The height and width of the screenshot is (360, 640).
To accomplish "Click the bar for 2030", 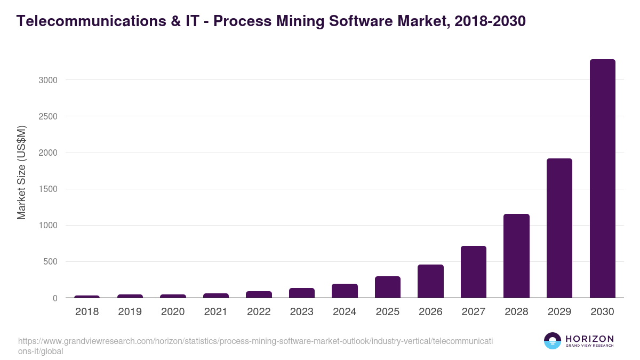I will coord(602,179).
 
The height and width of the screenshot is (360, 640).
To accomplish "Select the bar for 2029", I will coord(559,228).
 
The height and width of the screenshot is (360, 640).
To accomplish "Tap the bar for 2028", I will coord(516,256).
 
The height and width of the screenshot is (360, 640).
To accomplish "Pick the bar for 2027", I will coord(474,272).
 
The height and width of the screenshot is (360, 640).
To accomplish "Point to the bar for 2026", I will coord(430,281).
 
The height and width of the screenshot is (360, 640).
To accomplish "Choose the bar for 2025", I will coord(388,287).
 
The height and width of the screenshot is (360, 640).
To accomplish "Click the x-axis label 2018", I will coord(87,312).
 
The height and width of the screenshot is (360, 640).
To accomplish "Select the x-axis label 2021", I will coord(215,312).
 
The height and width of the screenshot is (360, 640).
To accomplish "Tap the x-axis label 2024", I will coord(345,312).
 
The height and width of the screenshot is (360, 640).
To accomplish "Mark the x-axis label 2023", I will coord(301,312).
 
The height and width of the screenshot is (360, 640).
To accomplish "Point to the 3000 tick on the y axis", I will coord(47,80).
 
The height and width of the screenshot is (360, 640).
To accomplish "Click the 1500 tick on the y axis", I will coord(47,189).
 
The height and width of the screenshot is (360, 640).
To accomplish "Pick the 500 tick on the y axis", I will coord(50,262).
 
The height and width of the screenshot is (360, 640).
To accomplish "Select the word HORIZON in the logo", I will coord(589,339).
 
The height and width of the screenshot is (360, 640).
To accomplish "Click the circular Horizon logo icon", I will coord(553,341).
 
